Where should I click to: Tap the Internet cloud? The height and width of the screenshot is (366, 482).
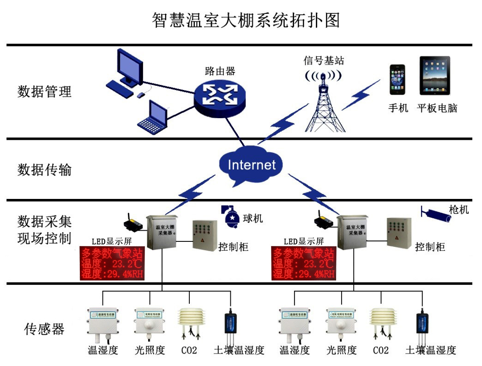coord(251,165)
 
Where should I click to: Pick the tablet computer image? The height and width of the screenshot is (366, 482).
coord(434,76)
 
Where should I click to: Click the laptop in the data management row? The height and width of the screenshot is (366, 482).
coord(153,117)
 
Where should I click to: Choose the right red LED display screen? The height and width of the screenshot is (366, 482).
coord(304,264)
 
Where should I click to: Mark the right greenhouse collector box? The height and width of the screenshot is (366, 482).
coord(352,232)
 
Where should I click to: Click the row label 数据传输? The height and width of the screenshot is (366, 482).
coord(45,170)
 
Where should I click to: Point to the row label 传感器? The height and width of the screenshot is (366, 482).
coord(44,329)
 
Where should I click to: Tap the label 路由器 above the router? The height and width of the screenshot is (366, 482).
coord(220,71)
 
